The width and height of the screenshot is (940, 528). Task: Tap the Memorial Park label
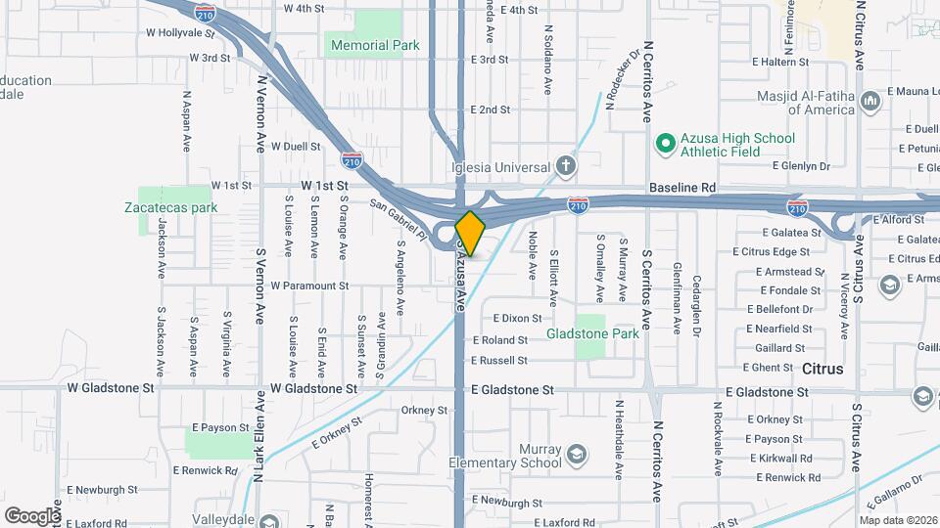pos(375,45)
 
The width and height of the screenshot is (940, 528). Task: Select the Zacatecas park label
pos(170,207)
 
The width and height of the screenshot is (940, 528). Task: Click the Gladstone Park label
pos(592,333)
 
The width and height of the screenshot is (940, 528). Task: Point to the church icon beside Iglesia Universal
pos(566,165)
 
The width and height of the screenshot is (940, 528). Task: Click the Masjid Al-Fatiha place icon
pos(869,101)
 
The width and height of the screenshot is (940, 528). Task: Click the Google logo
pos(31,514)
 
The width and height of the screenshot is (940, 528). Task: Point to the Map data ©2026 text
pos(897,520)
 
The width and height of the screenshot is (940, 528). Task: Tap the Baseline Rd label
pos(681,187)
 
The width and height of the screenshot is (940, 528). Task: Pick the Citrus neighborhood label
pos(822,370)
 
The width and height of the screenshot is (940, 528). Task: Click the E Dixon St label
pos(518,318)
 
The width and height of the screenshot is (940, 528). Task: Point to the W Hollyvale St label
pos(179,32)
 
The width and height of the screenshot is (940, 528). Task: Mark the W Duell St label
pos(297,147)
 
